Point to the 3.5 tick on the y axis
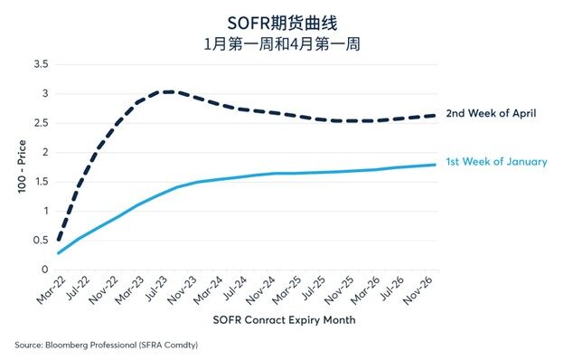tap(40, 64)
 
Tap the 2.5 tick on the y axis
tap(40, 123)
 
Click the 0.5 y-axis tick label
tap(40, 241)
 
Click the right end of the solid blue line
tap(437, 165)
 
